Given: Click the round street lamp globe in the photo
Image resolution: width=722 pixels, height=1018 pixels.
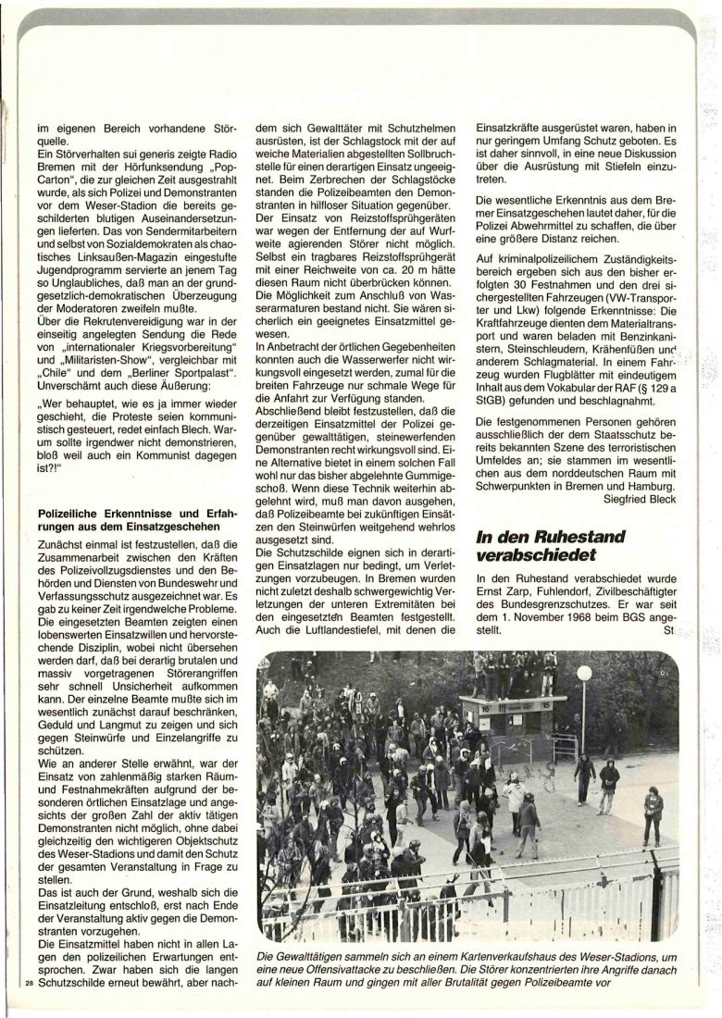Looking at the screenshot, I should pyautogui.click(x=584, y=674).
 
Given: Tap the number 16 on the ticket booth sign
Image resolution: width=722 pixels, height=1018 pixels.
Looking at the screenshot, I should pyautogui.click(x=482, y=706).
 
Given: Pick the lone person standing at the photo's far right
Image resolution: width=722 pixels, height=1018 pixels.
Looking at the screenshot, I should pyautogui.click(x=653, y=815).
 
